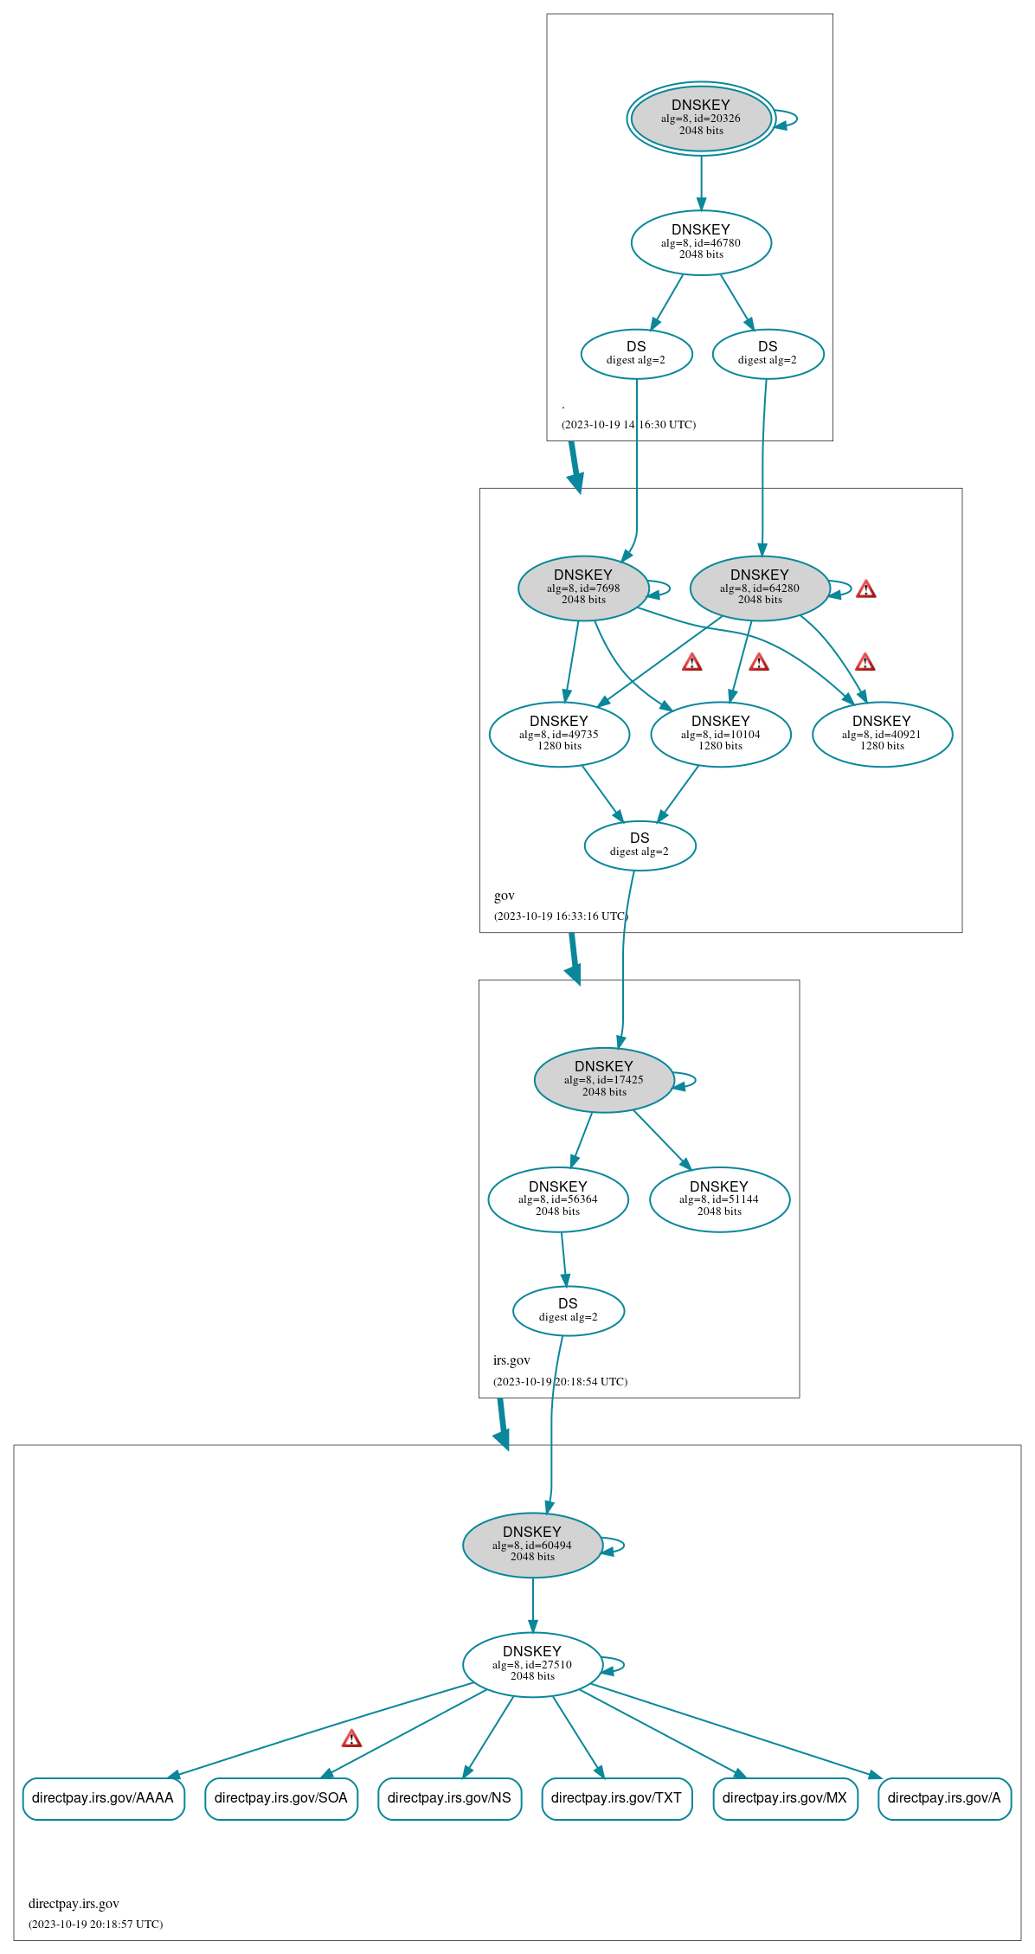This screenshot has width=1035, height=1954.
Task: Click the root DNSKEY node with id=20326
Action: click(701, 119)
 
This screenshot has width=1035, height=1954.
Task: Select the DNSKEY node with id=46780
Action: click(701, 242)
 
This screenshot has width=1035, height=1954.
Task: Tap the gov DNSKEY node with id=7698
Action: click(583, 588)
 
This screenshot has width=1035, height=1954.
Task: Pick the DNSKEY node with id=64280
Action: click(760, 588)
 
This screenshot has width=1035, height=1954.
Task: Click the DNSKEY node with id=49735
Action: click(559, 734)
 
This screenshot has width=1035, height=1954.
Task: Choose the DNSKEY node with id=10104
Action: click(721, 734)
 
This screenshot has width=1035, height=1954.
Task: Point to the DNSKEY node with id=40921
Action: click(882, 734)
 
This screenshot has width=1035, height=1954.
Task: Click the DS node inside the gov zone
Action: click(640, 845)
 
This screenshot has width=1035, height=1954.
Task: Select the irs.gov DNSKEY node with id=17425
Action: click(604, 1079)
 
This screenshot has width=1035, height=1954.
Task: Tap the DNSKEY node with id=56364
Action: click(558, 1199)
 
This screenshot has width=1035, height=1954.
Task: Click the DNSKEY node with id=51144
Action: click(719, 1199)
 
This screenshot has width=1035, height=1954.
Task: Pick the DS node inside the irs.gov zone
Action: click(568, 1310)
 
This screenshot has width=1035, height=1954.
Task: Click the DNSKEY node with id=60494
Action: click(532, 1545)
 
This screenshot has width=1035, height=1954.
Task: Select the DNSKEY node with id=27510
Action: click(532, 1664)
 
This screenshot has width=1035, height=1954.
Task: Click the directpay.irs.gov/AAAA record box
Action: click(103, 1797)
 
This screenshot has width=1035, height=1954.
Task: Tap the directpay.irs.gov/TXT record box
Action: click(616, 1797)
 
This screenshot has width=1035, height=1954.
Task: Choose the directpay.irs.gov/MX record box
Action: click(785, 1797)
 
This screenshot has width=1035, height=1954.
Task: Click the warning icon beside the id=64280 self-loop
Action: click(865, 589)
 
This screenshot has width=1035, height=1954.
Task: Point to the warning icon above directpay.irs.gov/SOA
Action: click(351, 1739)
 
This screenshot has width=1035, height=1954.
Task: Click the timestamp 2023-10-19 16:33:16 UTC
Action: click(561, 916)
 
